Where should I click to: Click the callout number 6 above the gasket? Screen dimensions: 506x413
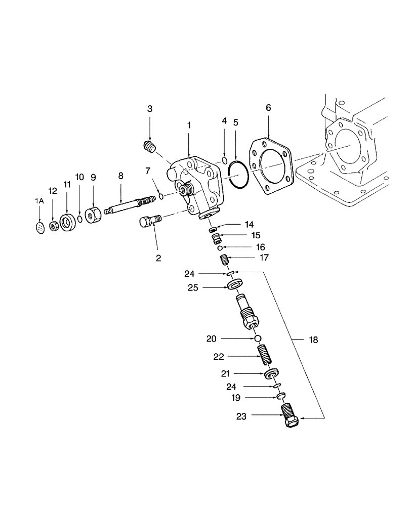tap(268, 108)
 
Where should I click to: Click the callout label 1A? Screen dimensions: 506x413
tap(39, 201)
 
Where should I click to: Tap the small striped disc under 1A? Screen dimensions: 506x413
tap(39, 228)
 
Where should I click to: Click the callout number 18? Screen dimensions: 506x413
tap(313, 340)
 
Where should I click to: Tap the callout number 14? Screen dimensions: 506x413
tap(249, 224)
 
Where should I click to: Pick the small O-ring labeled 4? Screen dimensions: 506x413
tap(224, 161)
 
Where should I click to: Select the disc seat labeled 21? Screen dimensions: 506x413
tap(272, 374)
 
